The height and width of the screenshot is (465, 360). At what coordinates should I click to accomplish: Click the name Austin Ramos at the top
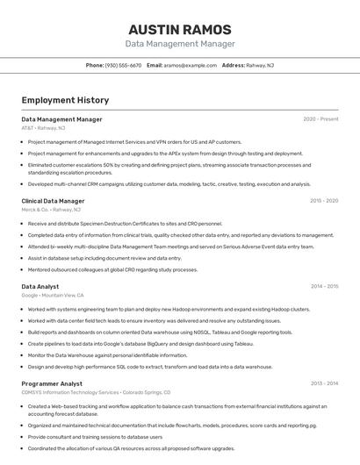180,28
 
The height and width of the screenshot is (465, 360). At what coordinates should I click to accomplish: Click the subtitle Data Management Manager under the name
180,43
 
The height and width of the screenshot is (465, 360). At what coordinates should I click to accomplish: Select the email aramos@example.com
190,65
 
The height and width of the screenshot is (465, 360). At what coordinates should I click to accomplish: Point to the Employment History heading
65,100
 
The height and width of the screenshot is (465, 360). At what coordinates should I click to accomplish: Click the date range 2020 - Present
320,118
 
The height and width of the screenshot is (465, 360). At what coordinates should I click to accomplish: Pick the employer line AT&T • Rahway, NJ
43,128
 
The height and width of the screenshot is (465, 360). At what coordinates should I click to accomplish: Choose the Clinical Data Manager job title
53,201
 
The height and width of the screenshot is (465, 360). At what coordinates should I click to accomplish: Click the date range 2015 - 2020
324,200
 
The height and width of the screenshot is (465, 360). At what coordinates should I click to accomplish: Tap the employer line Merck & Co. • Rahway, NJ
51,210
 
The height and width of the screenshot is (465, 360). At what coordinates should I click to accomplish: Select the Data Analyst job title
40,286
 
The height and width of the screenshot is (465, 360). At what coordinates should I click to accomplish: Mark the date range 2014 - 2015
324,286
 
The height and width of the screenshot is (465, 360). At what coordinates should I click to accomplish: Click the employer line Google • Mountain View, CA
53,296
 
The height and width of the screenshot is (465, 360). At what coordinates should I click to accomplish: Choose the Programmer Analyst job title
52,383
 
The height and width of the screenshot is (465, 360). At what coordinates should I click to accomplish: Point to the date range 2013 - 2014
324,383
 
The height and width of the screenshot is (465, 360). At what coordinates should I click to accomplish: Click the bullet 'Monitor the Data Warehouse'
107,355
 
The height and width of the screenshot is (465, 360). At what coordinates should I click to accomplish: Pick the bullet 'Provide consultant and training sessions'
95,436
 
